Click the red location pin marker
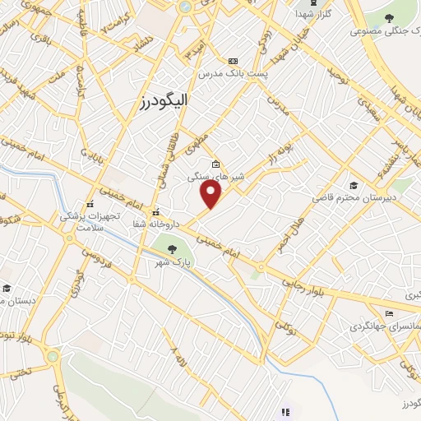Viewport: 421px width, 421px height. click(x=212, y=194)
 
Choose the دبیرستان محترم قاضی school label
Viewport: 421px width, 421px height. click(x=354, y=198)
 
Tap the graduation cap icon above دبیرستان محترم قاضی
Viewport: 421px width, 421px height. click(x=354, y=185)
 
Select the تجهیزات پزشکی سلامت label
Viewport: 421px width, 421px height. click(x=90, y=220)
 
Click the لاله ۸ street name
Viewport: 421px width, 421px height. click(x=175, y=359)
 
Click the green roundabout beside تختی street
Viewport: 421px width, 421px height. click(x=53, y=357)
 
